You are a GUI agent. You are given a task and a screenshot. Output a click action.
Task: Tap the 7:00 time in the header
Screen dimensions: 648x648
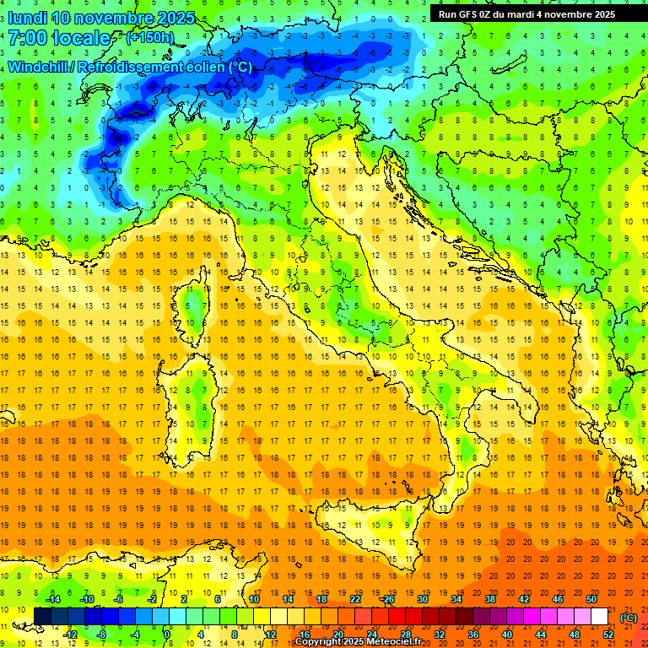click(30, 37)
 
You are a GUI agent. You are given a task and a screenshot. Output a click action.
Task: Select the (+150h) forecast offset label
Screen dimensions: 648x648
click(149, 37)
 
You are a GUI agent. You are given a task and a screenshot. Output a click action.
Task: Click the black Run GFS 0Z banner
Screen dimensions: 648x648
click(526, 13)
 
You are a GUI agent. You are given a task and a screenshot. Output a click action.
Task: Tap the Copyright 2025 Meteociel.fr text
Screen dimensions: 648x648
click(358, 641)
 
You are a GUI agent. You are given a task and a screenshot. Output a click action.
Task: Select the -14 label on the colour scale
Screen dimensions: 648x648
click(52, 599)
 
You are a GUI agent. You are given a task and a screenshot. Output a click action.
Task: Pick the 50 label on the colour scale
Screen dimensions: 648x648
click(591, 599)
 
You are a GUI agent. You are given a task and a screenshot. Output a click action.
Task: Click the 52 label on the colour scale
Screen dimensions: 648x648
click(608, 634)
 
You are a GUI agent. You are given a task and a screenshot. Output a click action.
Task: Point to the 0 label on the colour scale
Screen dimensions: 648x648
click(167, 634)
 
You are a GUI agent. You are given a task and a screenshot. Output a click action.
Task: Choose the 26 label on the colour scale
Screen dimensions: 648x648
click(389, 599)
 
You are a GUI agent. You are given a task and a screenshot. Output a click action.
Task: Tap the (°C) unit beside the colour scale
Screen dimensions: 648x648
click(629, 617)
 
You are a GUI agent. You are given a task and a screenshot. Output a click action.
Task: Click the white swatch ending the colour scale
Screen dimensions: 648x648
click(600, 617)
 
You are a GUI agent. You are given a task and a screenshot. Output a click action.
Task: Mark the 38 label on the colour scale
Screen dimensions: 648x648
click(490, 599)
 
